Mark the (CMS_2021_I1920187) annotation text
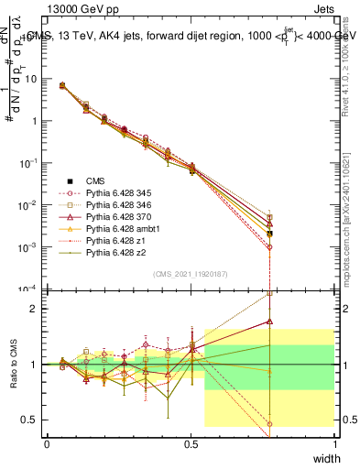[x=191, y=274]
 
